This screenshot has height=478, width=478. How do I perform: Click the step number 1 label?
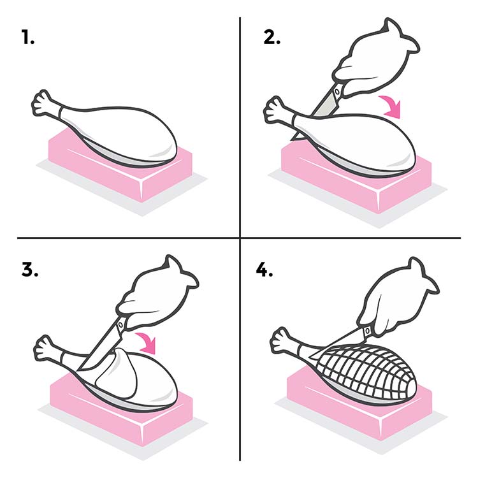(27, 38)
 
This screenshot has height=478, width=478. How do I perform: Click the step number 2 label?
(272, 38)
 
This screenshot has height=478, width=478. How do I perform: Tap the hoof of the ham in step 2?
(275, 109)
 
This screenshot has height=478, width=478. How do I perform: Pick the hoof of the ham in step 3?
(46, 345)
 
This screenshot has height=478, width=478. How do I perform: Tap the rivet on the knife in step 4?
(366, 331)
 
